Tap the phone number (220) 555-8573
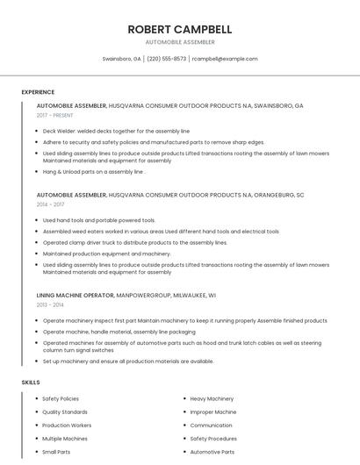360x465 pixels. (x=167, y=59)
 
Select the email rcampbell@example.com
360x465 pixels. (x=225, y=59)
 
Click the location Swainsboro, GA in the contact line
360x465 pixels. (x=121, y=59)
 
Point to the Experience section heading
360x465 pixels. (x=38, y=92)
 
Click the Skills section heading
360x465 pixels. (x=31, y=383)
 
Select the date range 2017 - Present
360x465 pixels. (x=55, y=115)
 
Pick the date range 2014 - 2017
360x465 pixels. (x=50, y=204)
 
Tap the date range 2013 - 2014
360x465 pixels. (x=50, y=304)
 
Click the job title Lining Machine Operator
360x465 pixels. (x=76, y=296)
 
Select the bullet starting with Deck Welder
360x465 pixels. (x=116, y=131)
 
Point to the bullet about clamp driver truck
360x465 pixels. (x=134, y=242)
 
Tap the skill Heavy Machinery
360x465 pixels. (x=212, y=399)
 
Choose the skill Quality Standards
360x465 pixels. (x=65, y=412)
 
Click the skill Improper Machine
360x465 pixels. (x=213, y=412)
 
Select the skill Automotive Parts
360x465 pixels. (x=212, y=452)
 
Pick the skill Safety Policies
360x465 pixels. (x=61, y=399)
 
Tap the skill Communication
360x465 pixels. (x=212, y=426)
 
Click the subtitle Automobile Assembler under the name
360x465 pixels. (x=180, y=41)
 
